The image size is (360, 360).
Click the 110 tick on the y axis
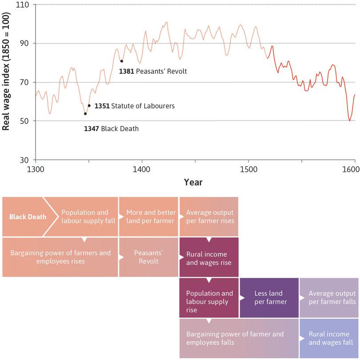[x=22, y=5]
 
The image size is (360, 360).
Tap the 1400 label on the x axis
[x=142, y=170]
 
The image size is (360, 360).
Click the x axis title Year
[x=193, y=182]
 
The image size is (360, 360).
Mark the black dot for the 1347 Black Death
[x=85, y=114]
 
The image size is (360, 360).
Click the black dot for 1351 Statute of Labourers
[x=89, y=106]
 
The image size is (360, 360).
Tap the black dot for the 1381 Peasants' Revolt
[x=121, y=61]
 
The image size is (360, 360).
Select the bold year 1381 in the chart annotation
[x=127, y=71]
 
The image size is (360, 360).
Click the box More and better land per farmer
[x=148, y=217]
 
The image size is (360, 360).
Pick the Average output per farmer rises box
[x=209, y=217]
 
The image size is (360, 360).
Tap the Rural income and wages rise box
[x=208, y=258]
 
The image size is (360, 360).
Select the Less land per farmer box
[x=269, y=297]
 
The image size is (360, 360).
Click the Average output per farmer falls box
[x=329, y=297]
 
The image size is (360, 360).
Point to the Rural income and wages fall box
[x=329, y=338]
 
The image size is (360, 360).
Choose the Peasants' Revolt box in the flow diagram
[x=148, y=257]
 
